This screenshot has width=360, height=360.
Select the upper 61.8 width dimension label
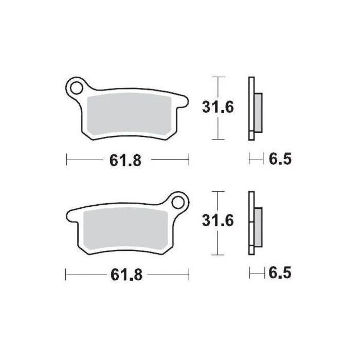tap(125, 160)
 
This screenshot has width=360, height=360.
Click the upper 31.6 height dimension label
tap(217, 107)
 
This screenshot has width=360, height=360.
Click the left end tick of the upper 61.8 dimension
tap(67, 160)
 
